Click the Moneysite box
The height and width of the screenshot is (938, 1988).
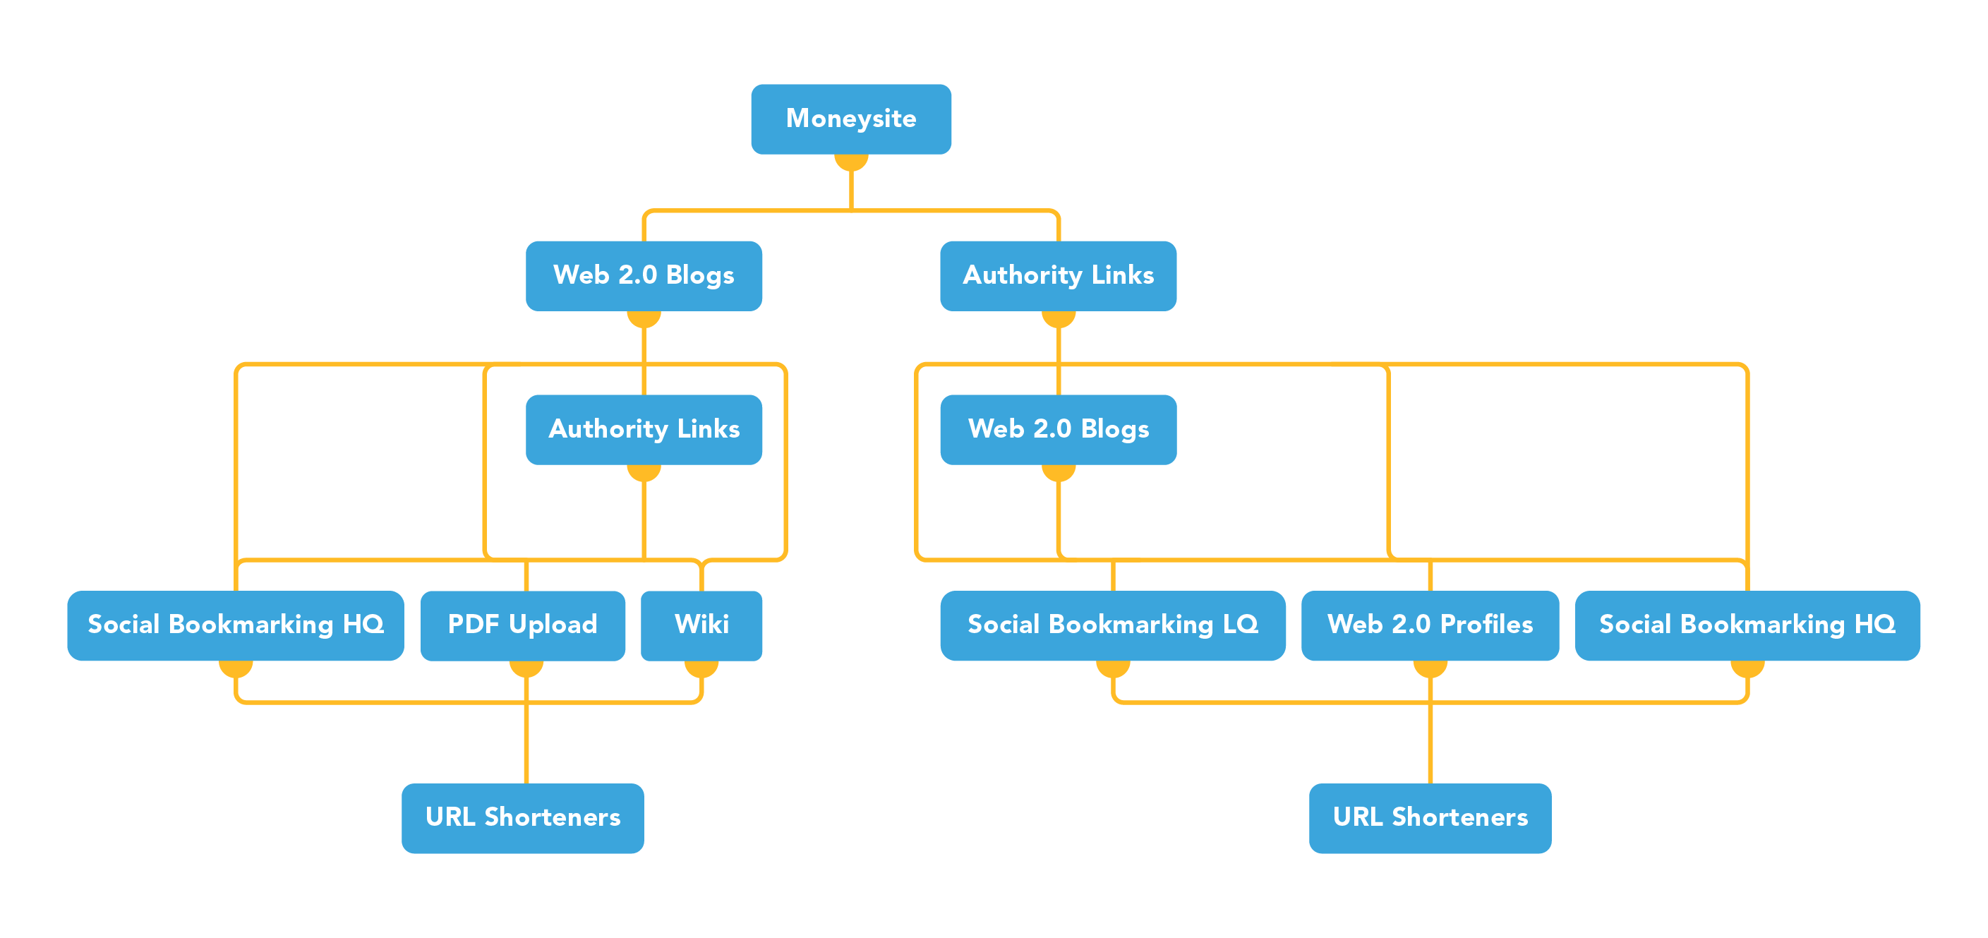[x=850, y=119]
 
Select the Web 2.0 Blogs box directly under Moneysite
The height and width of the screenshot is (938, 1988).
[x=644, y=275]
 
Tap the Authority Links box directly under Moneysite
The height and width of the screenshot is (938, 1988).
[x=1058, y=275]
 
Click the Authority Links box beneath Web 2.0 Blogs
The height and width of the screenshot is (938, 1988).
[x=644, y=429]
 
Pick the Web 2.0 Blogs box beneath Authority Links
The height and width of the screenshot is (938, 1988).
[x=1058, y=429]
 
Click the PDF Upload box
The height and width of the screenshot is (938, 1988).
[x=522, y=625]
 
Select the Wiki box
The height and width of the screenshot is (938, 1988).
[x=701, y=625]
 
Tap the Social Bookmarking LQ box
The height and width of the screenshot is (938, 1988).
[x=1112, y=625]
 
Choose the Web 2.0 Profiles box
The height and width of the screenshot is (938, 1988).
[x=1429, y=625]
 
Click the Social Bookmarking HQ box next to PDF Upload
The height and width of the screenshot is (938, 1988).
[x=236, y=625]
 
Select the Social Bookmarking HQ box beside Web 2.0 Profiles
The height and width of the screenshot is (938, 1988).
[x=1747, y=625]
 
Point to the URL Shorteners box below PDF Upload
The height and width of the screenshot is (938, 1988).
[x=522, y=817]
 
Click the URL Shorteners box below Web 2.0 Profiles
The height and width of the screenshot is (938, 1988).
[x=1429, y=817]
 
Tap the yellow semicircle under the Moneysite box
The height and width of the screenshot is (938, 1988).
[x=851, y=162]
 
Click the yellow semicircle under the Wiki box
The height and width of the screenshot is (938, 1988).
[x=701, y=668]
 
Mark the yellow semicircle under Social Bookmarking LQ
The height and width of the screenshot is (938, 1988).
[x=1113, y=668]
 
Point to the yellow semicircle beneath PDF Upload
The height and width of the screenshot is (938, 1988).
[x=526, y=668]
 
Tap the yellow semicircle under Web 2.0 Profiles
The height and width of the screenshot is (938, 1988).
[x=1430, y=668]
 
